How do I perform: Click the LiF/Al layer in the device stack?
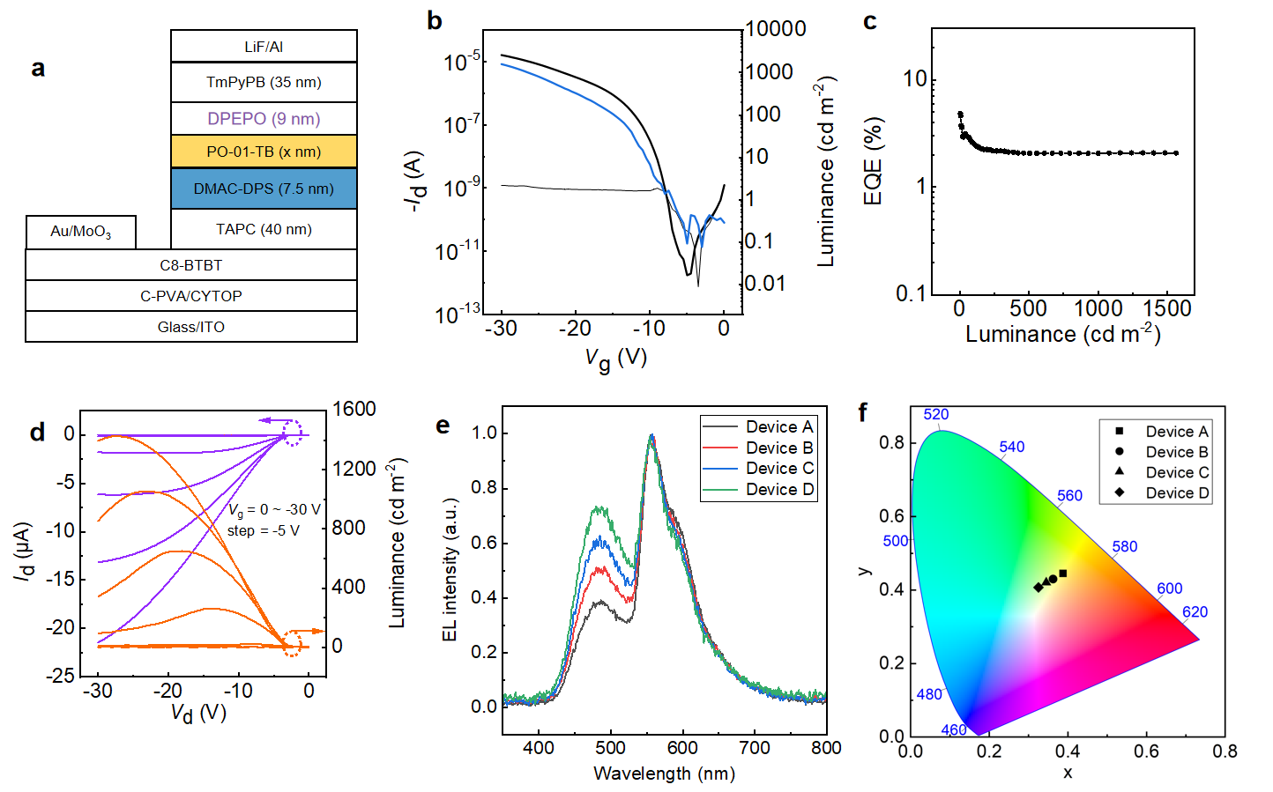pos(264,46)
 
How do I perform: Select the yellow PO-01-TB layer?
pos(264,152)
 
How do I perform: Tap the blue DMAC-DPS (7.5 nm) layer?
pos(264,189)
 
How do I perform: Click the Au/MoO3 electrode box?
pos(81,232)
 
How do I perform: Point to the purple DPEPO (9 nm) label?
pos(264,119)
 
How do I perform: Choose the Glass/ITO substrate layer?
pos(191,327)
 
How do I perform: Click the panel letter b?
pos(435,21)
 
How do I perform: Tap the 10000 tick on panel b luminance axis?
pos(776,28)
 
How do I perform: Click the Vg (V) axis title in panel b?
pos(616,359)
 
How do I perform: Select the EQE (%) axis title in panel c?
pos(873,161)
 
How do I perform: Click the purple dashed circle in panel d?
pos(292,432)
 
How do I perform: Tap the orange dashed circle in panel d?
pos(292,643)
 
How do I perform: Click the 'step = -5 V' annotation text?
pos(263,531)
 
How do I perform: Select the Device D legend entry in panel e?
pos(759,490)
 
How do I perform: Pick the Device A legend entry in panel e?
pos(759,426)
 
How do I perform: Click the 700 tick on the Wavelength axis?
pos(755,748)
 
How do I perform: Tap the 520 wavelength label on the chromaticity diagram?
pos(936,414)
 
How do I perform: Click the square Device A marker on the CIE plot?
pos(1062,574)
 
